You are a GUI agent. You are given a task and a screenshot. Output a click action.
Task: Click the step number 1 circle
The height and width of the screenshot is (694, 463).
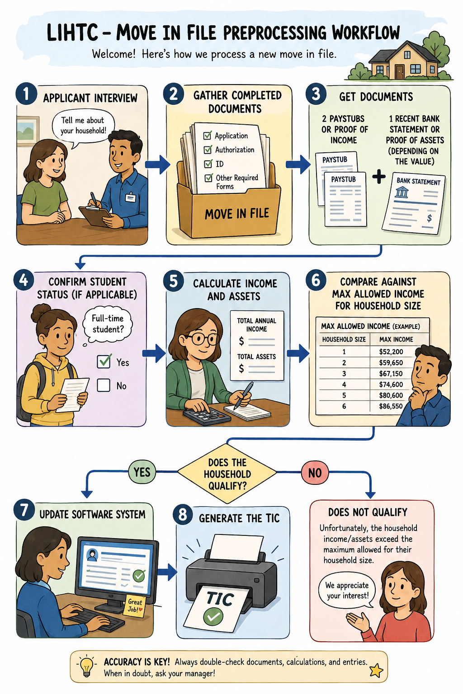pyautogui.click(x=26, y=94)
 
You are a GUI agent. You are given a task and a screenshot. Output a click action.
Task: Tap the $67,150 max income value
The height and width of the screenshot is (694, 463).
pyautogui.click(x=391, y=373)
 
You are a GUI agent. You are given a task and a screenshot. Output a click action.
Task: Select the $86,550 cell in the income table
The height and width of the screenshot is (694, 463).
pyautogui.click(x=391, y=406)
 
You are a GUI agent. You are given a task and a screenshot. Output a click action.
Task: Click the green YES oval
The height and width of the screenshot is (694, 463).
pyautogui.click(x=142, y=472)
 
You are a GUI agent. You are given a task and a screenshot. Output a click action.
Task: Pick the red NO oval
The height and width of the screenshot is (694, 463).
pyautogui.click(x=315, y=473)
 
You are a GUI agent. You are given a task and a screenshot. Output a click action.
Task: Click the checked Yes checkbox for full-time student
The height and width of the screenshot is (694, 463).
pyautogui.click(x=104, y=361)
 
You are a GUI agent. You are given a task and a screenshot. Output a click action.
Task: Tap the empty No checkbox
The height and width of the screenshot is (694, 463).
pyautogui.click(x=104, y=385)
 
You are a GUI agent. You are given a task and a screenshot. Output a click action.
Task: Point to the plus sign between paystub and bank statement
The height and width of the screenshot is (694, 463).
pyautogui.click(x=378, y=177)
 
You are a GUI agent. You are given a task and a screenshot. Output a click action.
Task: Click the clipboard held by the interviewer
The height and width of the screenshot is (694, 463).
pyautogui.click(x=95, y=215)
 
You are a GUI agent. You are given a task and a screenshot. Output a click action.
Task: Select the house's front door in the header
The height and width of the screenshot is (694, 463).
pyautogui.click(x=399, y=71)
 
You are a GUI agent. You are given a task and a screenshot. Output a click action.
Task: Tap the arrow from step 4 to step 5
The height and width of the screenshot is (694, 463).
pyautogui.click(x=154, y=353)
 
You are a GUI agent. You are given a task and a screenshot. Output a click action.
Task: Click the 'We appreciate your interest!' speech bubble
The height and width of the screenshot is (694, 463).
pyautogui.click(x=347, y=590)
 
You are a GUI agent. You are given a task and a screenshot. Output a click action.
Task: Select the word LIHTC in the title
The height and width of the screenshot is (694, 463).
pyautogui.click(x=72, y=33)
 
